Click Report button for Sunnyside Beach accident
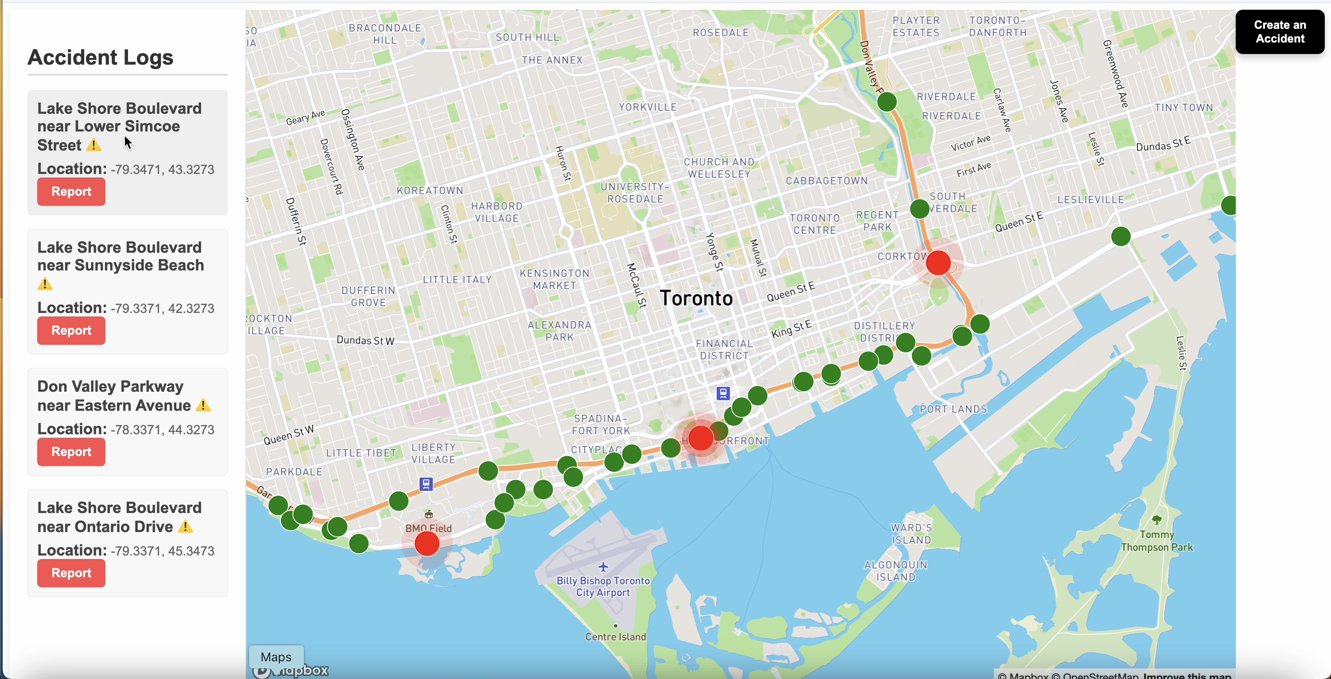pos(71,331)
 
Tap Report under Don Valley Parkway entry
pos(71,452)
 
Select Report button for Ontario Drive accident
pos(71,573)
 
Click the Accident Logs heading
pos(100,57)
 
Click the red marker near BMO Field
pos(427,544)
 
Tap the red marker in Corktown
pos(938,263)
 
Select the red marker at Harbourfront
pos(700,438)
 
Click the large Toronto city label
pos(696,298)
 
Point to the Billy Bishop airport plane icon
pos(603,567)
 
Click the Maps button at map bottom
pos(276,657)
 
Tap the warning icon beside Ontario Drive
pos(186,527)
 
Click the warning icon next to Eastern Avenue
pos(203,405)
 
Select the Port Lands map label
pos(953,409)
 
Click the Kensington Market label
pos(554,279)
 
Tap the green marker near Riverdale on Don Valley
pos(887,101)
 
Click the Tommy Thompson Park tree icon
pos(1157,520)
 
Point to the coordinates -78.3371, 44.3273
pos(162,430)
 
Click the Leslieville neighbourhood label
pos(1090,200)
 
